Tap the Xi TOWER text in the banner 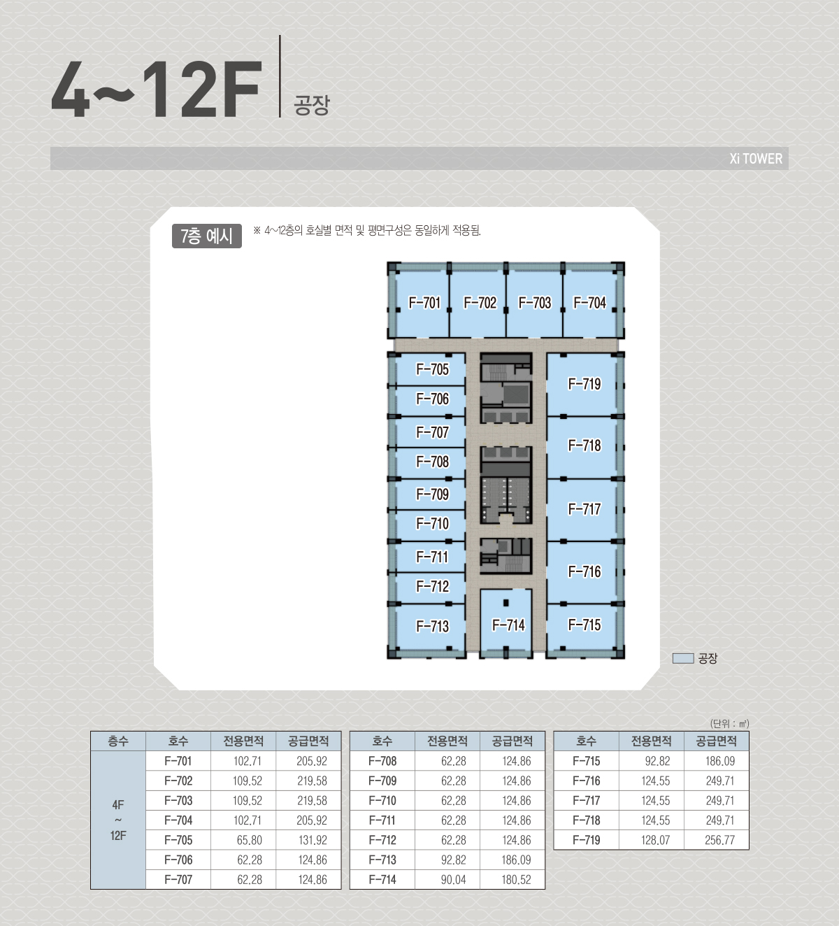[756, 159]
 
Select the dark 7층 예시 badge [207, 236]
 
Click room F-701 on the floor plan [422, 304]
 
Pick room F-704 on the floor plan [590, 304]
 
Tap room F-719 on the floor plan [582, 385]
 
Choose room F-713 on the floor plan [431, 627]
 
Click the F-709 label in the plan [432, 494]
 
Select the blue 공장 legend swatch [683, 658]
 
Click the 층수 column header [118, 741]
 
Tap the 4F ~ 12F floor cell [118, 820]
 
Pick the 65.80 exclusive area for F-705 [249, 840]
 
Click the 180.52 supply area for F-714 [517, 880]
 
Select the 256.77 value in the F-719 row [719, 840]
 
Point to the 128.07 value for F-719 [655, 840]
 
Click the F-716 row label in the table [586, 781]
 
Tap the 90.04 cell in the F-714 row [453, 880]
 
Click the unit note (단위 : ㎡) [730, 723]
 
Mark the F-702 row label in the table [178, 781]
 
